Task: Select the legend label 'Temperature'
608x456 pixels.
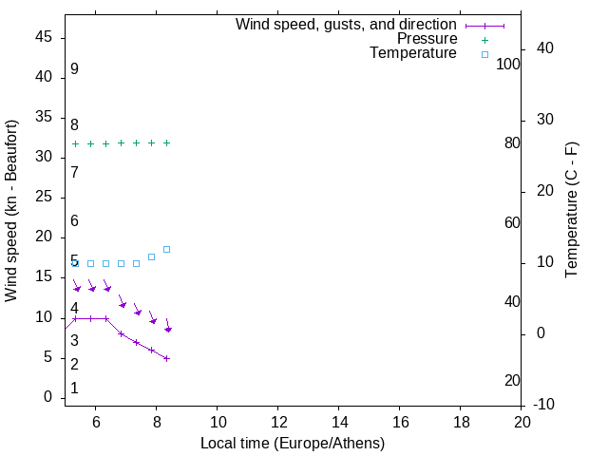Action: tap(413, 53)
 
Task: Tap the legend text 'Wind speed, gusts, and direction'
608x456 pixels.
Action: tap(346, 25)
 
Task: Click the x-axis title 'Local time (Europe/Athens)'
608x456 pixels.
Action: tap(293, 443)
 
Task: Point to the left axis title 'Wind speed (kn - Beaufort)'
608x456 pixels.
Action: tap(11, 211)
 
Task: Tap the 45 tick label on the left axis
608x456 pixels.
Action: tap(43, 37)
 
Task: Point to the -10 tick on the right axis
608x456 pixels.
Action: tap(544, 406)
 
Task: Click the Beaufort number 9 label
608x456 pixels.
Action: tap(74, 69)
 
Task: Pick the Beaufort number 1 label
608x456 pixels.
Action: tap(74, 389)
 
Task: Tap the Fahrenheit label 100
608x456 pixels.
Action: tap(508, 64)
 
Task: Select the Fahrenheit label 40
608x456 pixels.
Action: tap(512, 301)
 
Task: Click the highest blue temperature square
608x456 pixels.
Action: tap(166, 249)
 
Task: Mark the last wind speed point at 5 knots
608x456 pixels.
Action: tap(166, 358)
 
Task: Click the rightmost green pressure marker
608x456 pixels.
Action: tap(166, 142)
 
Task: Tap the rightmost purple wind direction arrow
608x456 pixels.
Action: tap(167, 325)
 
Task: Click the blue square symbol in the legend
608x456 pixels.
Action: tap(484, 54)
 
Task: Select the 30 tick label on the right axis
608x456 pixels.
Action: tap(544, 120)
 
